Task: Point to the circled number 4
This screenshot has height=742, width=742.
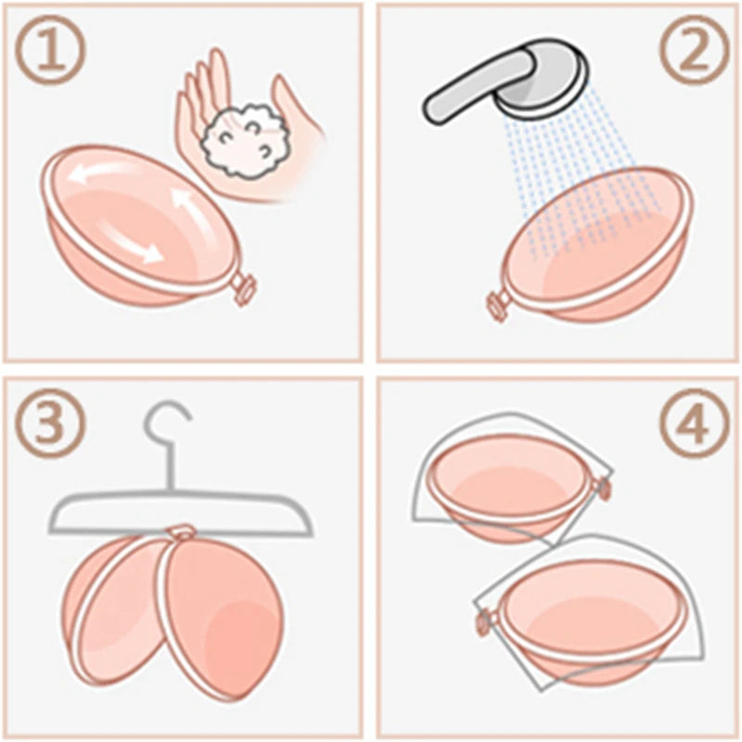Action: pyautogui.click(x=690, y=426)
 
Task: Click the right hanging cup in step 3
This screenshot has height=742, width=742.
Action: pyautogui.click(x=223, y=612)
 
